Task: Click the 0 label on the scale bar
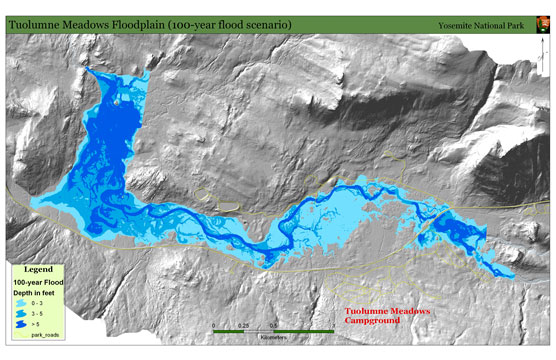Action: (214, 325)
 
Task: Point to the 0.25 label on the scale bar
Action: (244, 325)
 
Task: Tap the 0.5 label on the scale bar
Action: (273, 325)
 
